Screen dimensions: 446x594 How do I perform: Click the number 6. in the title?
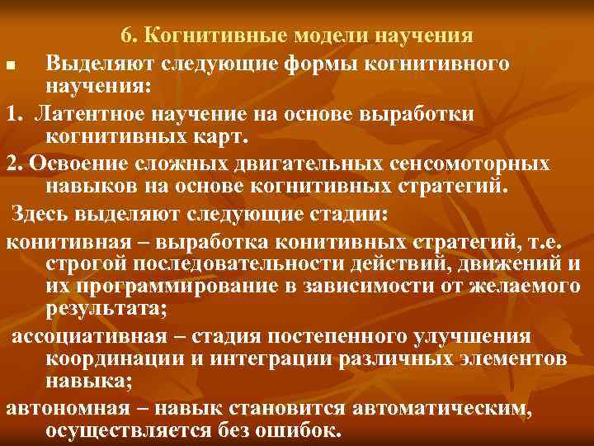point(130,36)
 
